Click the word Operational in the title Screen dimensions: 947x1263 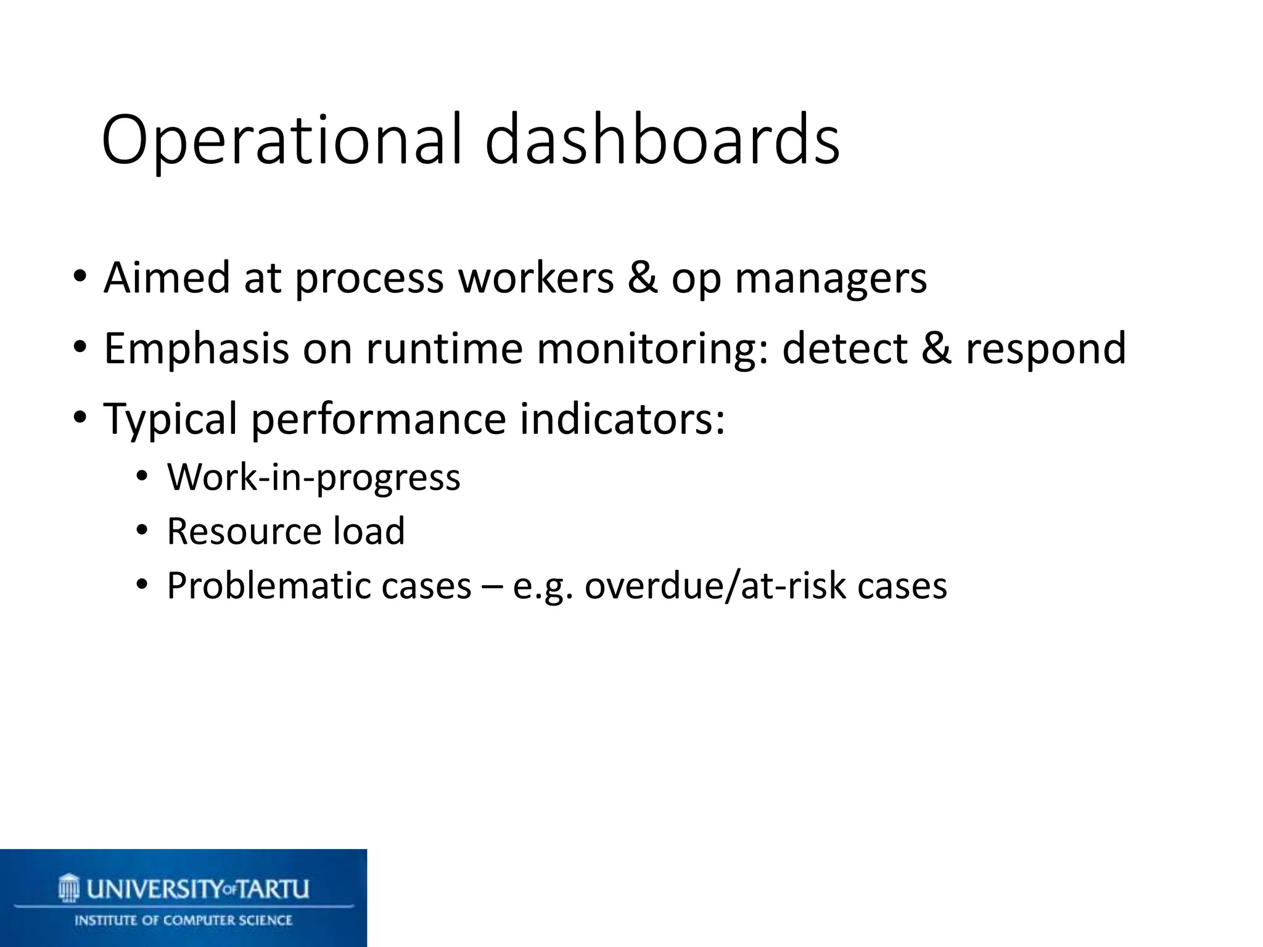coord(281,141)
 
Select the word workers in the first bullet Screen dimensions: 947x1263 coord(535,278)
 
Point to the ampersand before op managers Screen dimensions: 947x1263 coord(642,278)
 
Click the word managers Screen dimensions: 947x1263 coord(831,279)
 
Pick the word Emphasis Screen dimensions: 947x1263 coord(196,350)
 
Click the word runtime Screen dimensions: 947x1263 coord(445,348)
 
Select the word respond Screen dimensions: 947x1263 coord(1045,350)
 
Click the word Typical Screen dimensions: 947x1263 coord(170,420)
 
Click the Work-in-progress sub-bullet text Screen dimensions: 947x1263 coord(313,478)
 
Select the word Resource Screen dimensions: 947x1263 coord(243,531)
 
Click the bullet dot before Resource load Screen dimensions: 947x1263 coord(142,530)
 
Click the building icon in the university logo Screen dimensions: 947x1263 coord(69,888)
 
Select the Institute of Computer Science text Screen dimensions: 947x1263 coord(183,920)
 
